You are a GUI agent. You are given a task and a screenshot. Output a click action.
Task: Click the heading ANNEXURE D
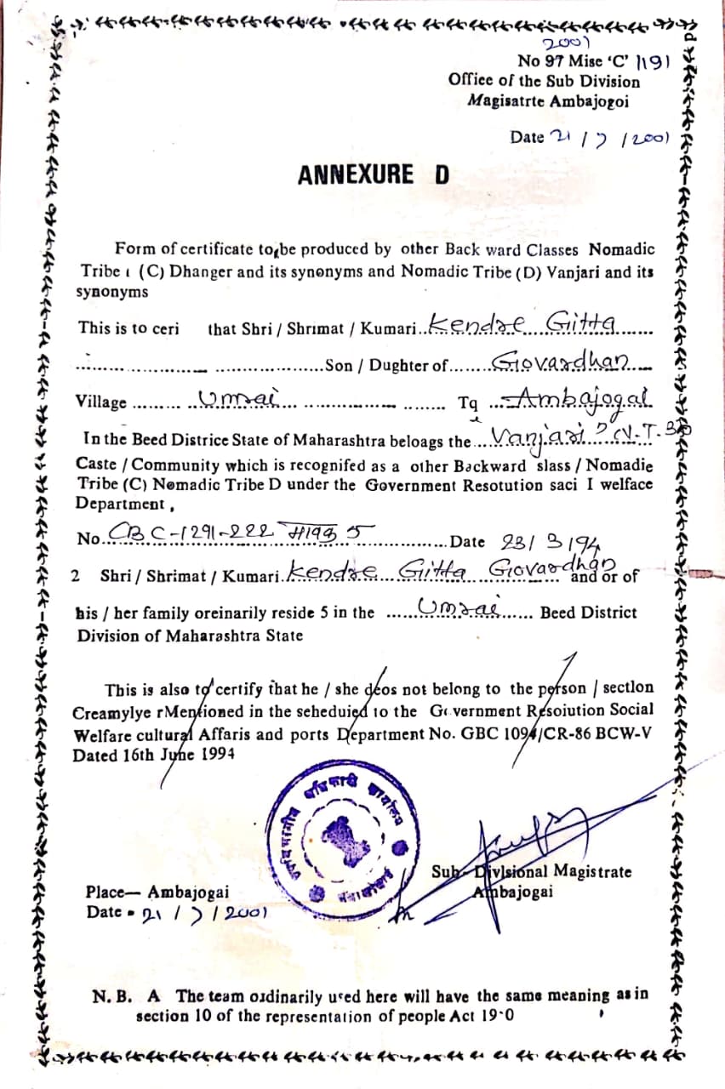373,175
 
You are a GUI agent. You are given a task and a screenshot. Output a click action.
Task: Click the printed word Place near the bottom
105,892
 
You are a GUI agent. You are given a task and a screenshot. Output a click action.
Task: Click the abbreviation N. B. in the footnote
112,995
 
